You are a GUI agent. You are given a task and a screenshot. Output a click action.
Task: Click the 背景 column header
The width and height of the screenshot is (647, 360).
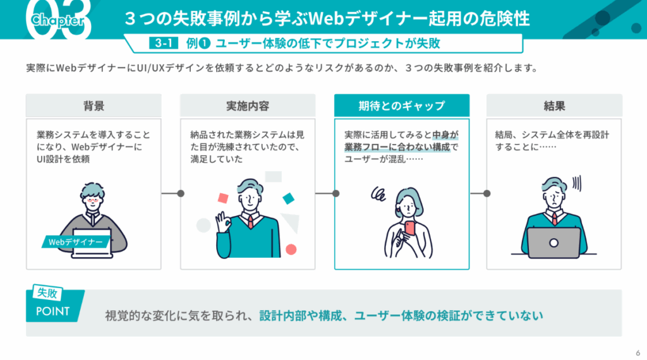(x=94, y=106)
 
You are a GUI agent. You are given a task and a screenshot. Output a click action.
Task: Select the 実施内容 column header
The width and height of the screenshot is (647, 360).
(x=248, y=106)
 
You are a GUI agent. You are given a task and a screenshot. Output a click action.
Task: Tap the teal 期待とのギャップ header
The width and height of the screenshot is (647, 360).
(x=401, y=106)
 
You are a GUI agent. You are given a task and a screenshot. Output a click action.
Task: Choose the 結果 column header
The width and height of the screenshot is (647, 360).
(x=554, y=106)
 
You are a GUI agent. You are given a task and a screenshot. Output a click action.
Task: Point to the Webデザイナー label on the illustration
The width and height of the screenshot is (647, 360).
(x=76, y=241)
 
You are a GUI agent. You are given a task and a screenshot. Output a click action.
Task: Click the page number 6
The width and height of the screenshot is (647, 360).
(x=636, y=352)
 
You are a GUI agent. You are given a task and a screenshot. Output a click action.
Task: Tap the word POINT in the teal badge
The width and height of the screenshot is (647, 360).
(x=53, y=311)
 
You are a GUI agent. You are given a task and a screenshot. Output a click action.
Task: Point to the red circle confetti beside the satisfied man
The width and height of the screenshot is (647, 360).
(x=291, y=249)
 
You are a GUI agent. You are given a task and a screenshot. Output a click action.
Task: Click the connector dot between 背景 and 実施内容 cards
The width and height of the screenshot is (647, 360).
(x=180, y=193)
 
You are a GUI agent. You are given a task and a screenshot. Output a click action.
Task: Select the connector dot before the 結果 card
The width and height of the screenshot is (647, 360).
(x=487, y=193)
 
